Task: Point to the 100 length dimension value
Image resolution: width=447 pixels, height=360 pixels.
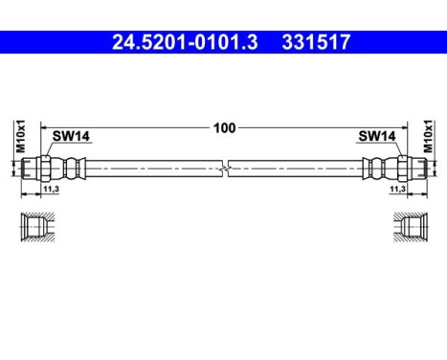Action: [224, 125]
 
